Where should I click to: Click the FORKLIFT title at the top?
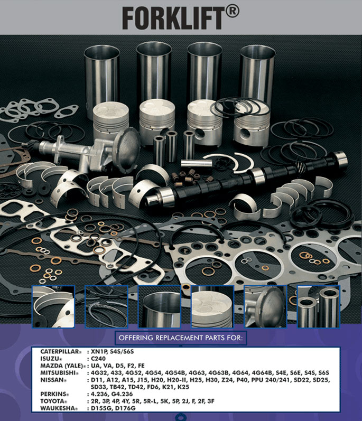172,17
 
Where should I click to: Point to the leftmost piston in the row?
110,121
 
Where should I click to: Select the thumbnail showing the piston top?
212,307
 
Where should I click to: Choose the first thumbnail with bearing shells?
53,307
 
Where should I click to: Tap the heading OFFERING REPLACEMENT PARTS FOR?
181,338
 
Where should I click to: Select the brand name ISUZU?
51,358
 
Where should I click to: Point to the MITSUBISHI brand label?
59,372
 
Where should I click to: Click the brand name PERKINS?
54,394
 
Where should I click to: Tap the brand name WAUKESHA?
58,408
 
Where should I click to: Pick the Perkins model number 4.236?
99,394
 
